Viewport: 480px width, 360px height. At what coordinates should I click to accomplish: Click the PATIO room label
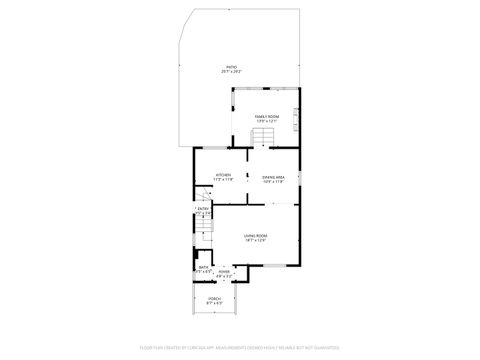click(x=231, y=67)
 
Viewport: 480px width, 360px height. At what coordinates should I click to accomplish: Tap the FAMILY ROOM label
click(x=265, y=117)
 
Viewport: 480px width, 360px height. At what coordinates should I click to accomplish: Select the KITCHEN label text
click(x=224, y=176)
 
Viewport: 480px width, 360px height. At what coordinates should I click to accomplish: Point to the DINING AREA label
click(x=273, y=176)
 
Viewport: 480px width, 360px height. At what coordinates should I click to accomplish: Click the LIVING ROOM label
click(x=255, y=235)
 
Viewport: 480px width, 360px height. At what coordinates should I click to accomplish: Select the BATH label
click(x=203, y=266)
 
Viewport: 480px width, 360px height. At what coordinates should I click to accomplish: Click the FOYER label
click(x=225, y=271)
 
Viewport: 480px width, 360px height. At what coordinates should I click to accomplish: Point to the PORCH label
click(x=214, y=298)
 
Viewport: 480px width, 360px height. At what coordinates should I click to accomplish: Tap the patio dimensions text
click(x=231, y=72)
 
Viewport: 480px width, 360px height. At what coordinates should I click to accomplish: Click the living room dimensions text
click(x=255, y=240)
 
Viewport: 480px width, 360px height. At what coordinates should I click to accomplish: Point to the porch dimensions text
click(x=214, y=303)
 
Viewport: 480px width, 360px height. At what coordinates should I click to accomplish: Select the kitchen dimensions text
click(x=224, y=181)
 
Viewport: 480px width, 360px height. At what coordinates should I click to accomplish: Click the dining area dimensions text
click(x=273, y=181)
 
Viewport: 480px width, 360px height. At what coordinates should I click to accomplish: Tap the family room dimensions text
click(x=265, y=122)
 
